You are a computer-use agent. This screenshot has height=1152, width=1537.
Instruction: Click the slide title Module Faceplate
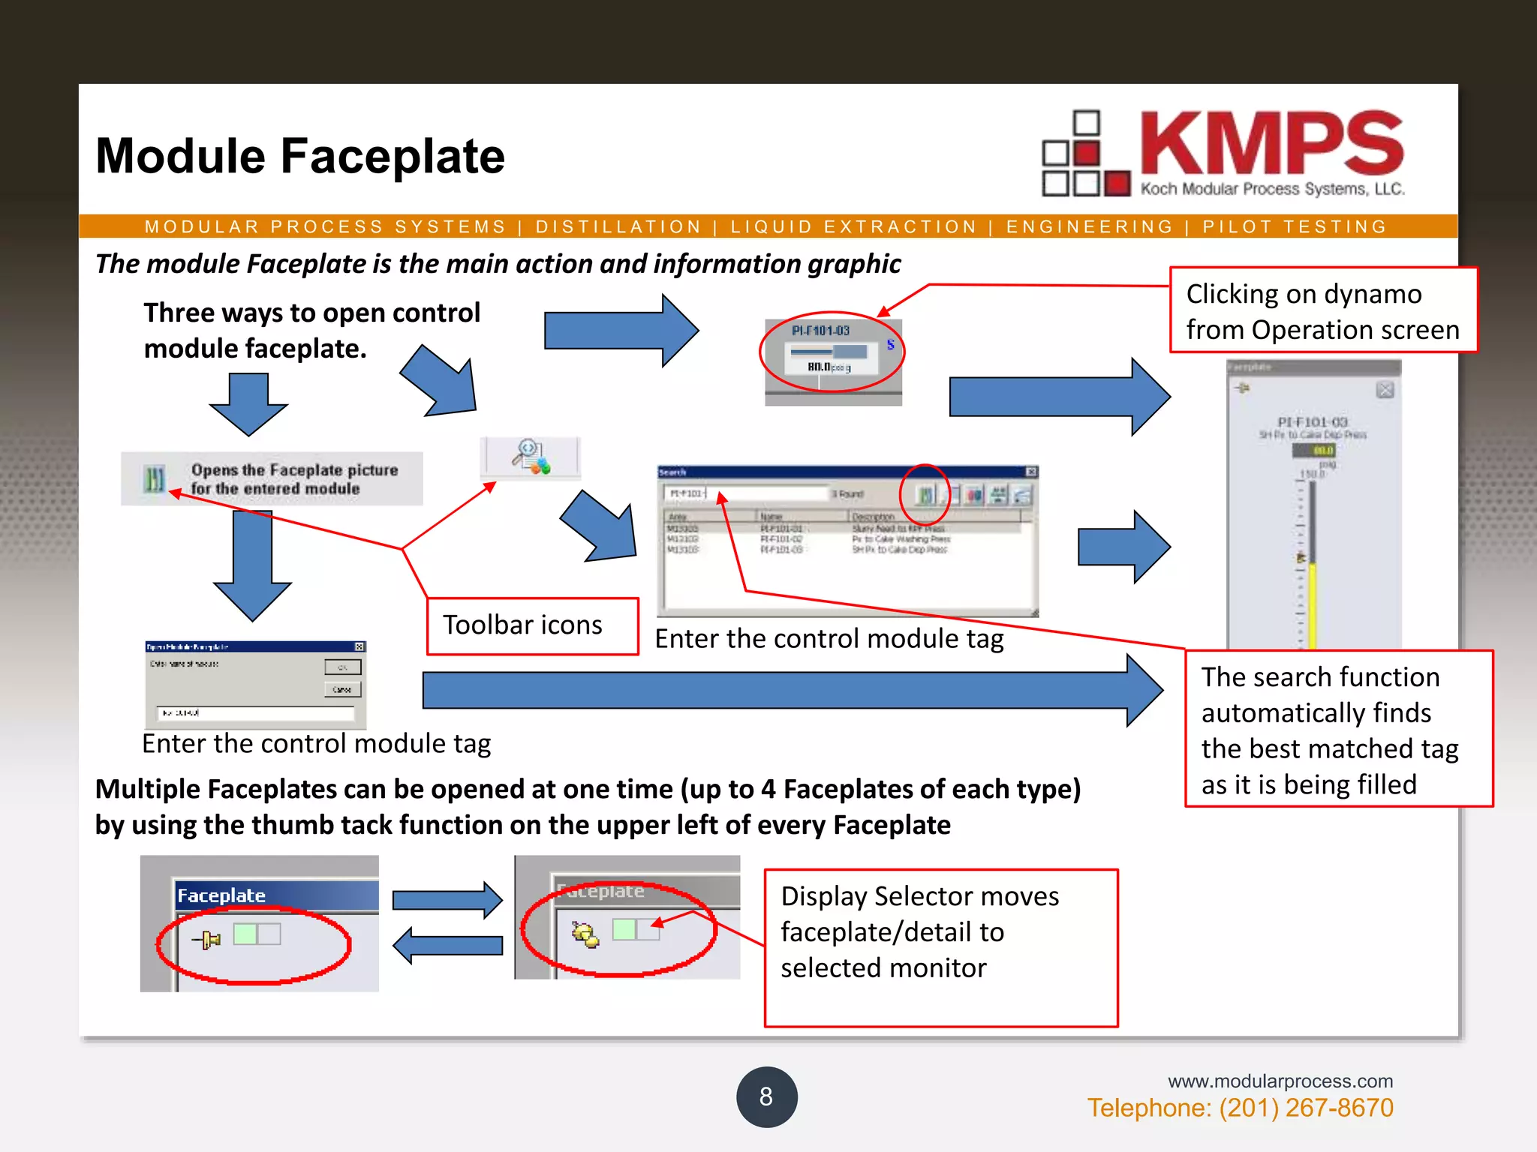(300, 156)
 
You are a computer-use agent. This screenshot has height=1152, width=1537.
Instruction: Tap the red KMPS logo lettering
(1271, 144)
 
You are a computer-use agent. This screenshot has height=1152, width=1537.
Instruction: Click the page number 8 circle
(766, 1096)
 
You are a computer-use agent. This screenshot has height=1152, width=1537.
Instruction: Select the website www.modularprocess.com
(1280, 1081)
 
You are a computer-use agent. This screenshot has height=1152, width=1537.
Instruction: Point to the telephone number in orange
(1240, 1108)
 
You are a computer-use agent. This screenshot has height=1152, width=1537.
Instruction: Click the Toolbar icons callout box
(532, 625)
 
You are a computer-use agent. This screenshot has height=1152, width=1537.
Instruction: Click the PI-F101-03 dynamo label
(820, 331)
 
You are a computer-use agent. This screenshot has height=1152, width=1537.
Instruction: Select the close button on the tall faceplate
(1385, 390)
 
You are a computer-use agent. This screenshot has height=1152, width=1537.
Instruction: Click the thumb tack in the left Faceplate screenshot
(206, 939)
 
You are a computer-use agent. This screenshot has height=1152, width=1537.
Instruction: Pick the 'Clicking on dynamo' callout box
(1322, 310)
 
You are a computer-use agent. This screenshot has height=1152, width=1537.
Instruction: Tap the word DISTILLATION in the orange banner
(618, 226)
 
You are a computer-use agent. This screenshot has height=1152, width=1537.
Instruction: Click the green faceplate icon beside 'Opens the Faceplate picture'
(154, 478)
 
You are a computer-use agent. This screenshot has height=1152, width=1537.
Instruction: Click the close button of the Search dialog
(1031, 472)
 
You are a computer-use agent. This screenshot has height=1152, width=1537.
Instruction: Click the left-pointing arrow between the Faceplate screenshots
(448, 945)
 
